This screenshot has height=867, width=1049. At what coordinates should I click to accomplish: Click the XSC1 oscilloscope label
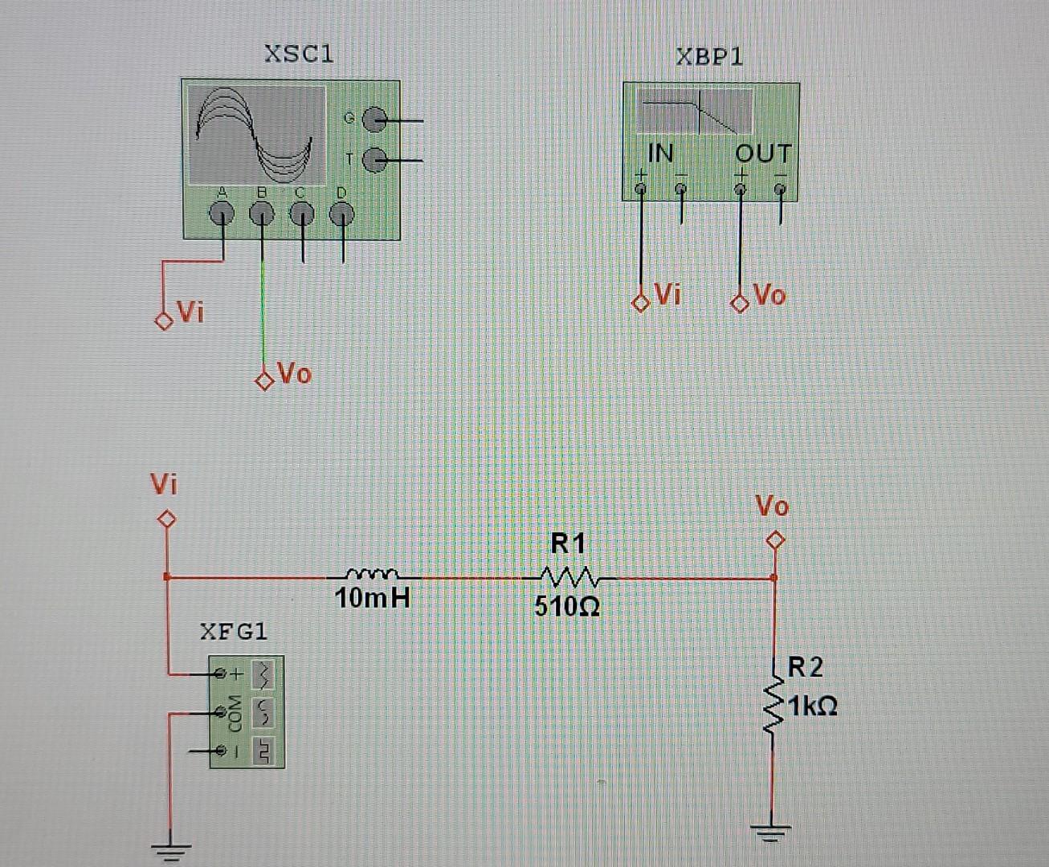click(x=299, y=54)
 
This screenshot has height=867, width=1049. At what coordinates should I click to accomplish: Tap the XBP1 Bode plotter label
click(x=709, y=57)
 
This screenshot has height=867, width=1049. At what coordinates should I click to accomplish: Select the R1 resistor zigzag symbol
click(x=569, y=577)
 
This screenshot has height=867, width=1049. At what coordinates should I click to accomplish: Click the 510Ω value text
click(x=567, y=606)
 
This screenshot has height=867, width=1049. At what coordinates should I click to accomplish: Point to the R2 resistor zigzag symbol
click(x=773, y=706)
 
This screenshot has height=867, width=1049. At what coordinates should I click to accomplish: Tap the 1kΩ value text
click(x=813, y=706)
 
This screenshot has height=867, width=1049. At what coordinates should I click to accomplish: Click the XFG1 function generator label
click(x=234, y=632)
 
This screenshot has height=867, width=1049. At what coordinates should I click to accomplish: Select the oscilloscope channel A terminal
click(x=222, y=214)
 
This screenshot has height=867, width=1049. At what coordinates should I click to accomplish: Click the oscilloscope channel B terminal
click(x=262, y=214)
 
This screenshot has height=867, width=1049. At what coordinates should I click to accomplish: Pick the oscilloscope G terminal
click(x=374, y=121)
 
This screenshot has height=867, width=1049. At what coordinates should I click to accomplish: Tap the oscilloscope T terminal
click(x=374, y=161)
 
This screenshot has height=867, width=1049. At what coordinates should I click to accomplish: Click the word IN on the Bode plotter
click(x=660, y=153)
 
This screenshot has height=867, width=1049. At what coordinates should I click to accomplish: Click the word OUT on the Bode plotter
click(x=763, y=153)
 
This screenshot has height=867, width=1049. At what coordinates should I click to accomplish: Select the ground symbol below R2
click(x=772, y=832)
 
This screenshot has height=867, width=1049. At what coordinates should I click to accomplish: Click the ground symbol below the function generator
click(x=171, y=849)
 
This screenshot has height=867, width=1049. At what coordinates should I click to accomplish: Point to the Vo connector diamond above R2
click(x=774, y=540)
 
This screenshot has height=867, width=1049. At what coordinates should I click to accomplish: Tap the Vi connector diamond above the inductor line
click(x=166, y=519)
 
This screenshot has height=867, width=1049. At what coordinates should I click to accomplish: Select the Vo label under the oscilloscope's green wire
click(x=294, y=373)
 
